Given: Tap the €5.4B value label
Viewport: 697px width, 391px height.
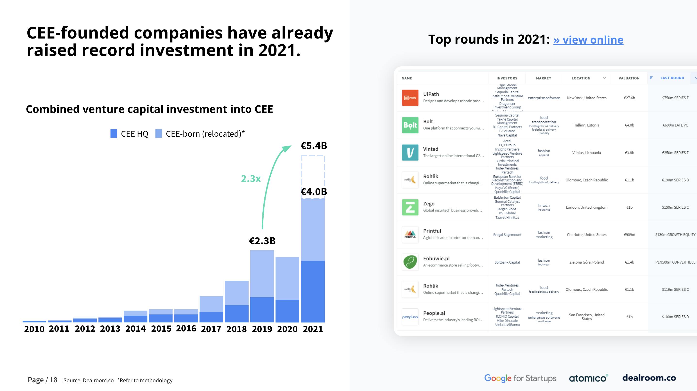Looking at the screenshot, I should click(x=314, y=146).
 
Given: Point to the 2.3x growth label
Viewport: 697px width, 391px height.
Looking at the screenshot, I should click(x=251, y=179).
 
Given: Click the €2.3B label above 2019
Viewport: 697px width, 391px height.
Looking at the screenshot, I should click(x=262, y=241).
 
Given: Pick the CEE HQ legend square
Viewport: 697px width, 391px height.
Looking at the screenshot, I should click(x=114, y=133).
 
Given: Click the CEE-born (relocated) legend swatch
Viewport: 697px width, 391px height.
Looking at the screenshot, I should click(x=159, y=133).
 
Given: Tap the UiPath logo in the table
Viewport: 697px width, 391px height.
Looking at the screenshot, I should click(x=410, y=98).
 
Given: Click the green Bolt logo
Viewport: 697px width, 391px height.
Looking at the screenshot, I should click(x=410, y=125).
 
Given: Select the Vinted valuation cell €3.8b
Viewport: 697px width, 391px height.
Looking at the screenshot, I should click(x=629, y=153).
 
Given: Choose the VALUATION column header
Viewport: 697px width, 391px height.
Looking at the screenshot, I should click(x=629, y=78).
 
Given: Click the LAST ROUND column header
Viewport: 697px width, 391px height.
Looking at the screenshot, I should click(x=672, y=78).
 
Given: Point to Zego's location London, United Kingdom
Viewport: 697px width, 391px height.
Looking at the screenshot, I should click(x=587, y=207).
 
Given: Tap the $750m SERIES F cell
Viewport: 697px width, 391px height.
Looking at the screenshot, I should click(x=675, y=98).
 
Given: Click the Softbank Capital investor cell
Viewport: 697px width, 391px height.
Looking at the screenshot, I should click(x=507, y=262).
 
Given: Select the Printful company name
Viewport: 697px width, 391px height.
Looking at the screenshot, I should click(x=432, y=231).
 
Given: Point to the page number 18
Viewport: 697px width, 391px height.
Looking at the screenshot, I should click(x=53, y=380).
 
